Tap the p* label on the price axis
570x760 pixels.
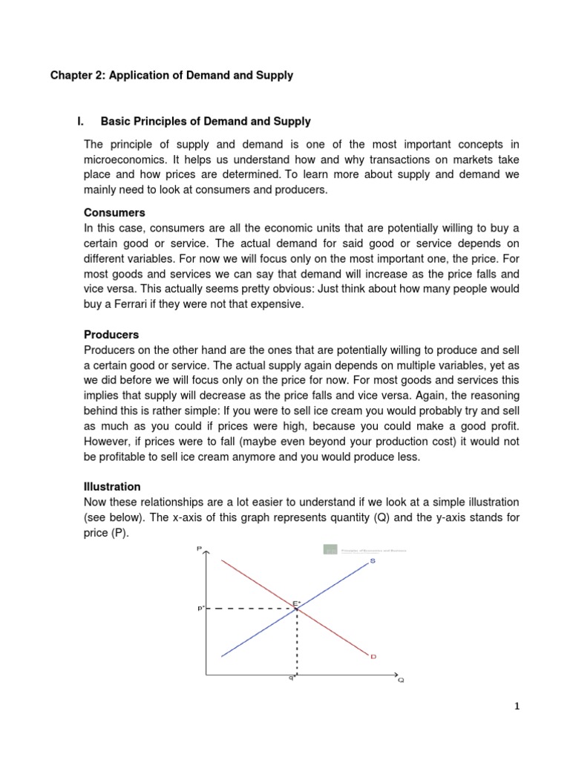[x=200, y=608]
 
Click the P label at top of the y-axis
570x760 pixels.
[x=199, y=548]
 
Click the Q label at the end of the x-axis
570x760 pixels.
[x=402, y=680]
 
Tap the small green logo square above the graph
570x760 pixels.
[x=330, y=550]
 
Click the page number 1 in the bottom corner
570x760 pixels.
[x=517, y=707]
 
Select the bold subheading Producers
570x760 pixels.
[x=111, y=335]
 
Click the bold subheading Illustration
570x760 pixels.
[x=112, y=487]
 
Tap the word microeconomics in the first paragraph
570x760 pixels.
[x=128, y=161]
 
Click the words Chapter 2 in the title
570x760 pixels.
[x=77, y=75]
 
